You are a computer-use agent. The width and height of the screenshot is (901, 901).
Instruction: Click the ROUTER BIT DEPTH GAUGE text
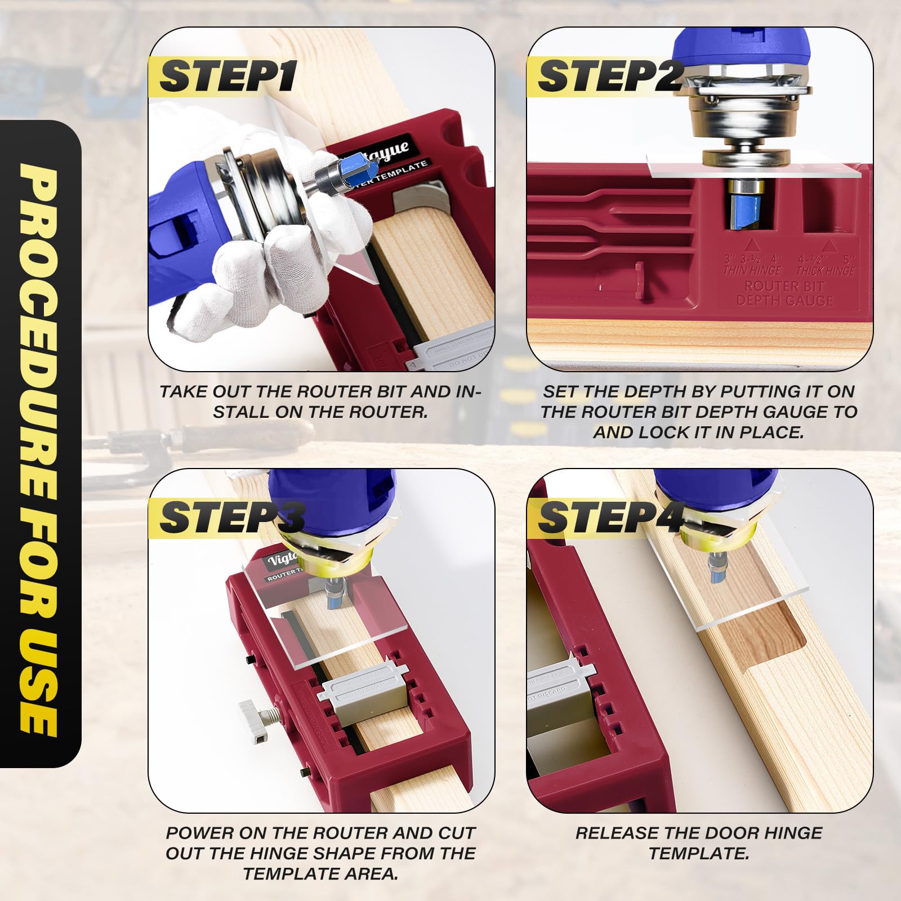[x=784, y=293]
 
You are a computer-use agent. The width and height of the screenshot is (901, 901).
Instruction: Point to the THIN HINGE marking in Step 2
[x=752, y=271]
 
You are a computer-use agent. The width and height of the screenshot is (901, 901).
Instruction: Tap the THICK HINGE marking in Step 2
[x=826, y=271]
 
